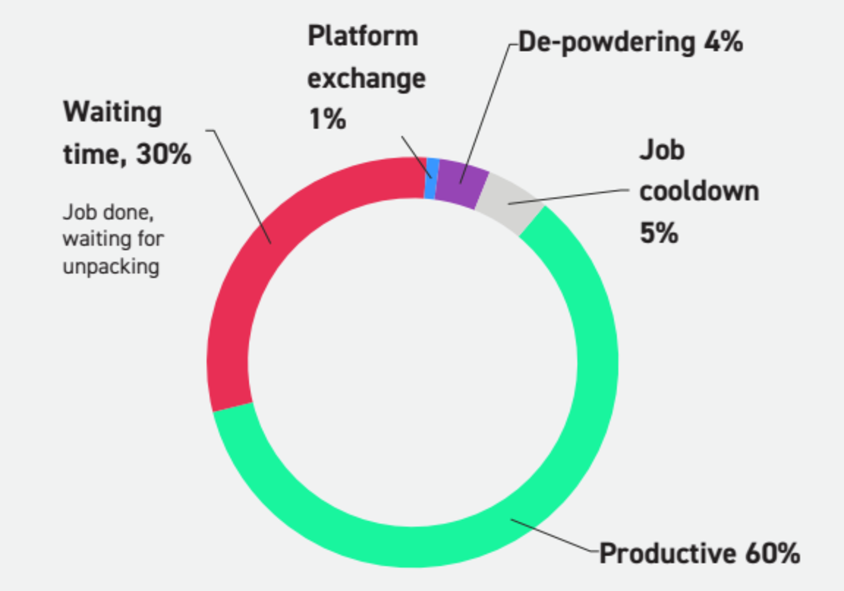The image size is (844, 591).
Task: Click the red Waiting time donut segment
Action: (x=243, y=289)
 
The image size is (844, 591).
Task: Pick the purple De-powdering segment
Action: (x=460, y=183)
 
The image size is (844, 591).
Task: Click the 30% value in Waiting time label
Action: (x=163, y=154)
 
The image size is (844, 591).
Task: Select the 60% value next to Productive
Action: (x=773, y=554)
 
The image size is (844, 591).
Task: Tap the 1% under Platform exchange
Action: (x=327, y=119)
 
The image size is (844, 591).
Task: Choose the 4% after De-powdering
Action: (x=723, y=41)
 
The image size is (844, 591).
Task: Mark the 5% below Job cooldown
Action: (x=659, y=233)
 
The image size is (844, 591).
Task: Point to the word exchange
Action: (x=366, y=79)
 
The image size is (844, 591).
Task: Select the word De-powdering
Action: (x=607, y=42)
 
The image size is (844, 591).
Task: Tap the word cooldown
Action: (x=699, y=192)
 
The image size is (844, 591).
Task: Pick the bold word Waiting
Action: (x=113, y=113)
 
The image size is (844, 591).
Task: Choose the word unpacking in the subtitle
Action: (x=111, y=267)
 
